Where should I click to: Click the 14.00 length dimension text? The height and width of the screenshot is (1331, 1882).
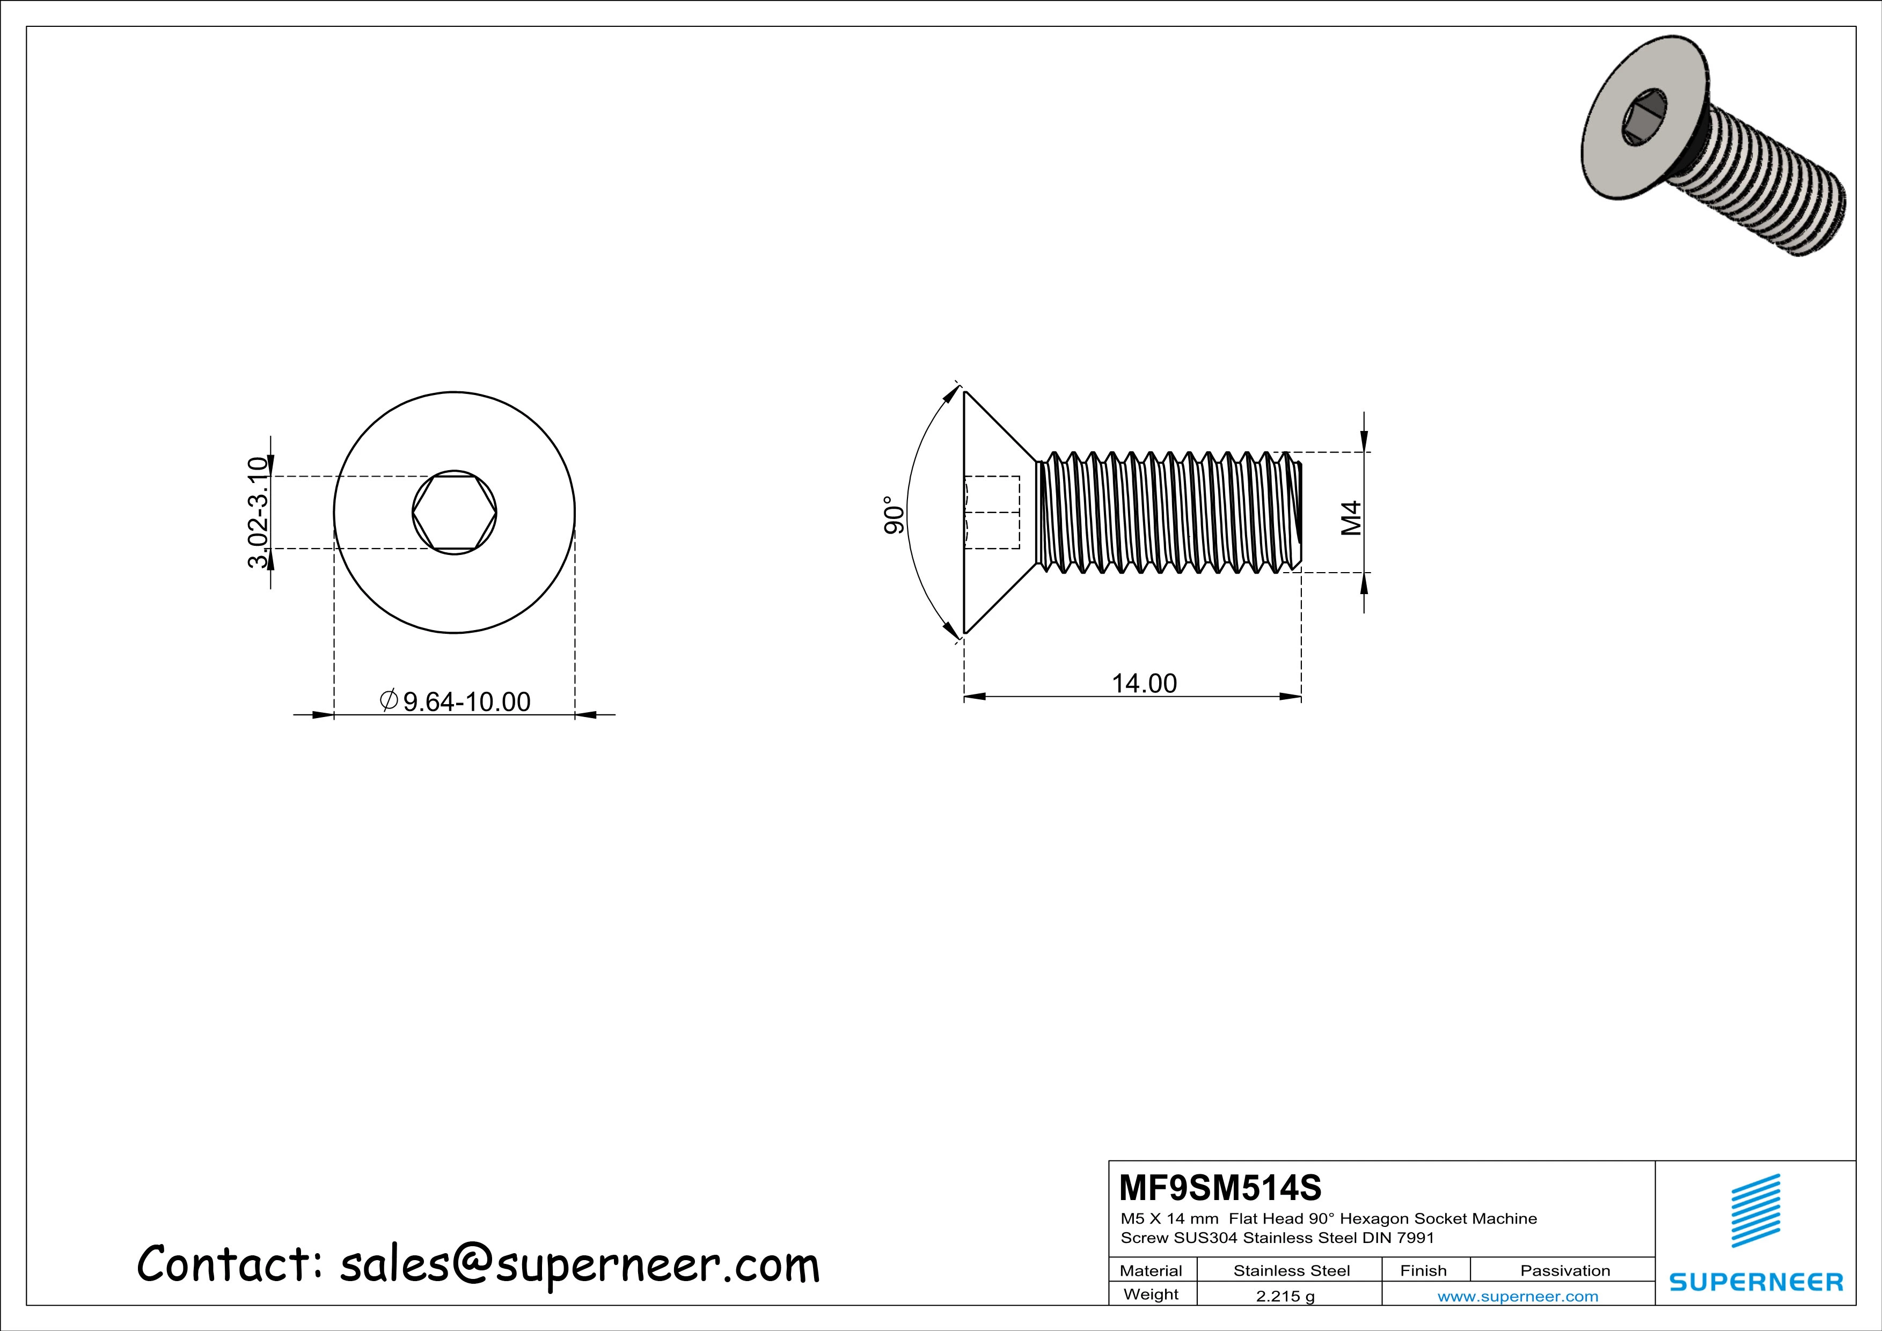(1144, 684)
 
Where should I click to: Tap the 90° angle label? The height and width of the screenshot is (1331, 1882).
(894, 515)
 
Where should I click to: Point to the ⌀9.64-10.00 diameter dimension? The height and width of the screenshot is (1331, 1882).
(456, 701)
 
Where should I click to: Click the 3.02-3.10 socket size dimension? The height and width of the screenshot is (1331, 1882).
(258, 513)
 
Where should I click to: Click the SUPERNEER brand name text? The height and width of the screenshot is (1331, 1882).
(1756, 1282)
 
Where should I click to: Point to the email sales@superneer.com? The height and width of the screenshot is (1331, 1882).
(578, 1264)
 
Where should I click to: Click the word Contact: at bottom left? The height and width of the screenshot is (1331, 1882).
(230, 1264)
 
